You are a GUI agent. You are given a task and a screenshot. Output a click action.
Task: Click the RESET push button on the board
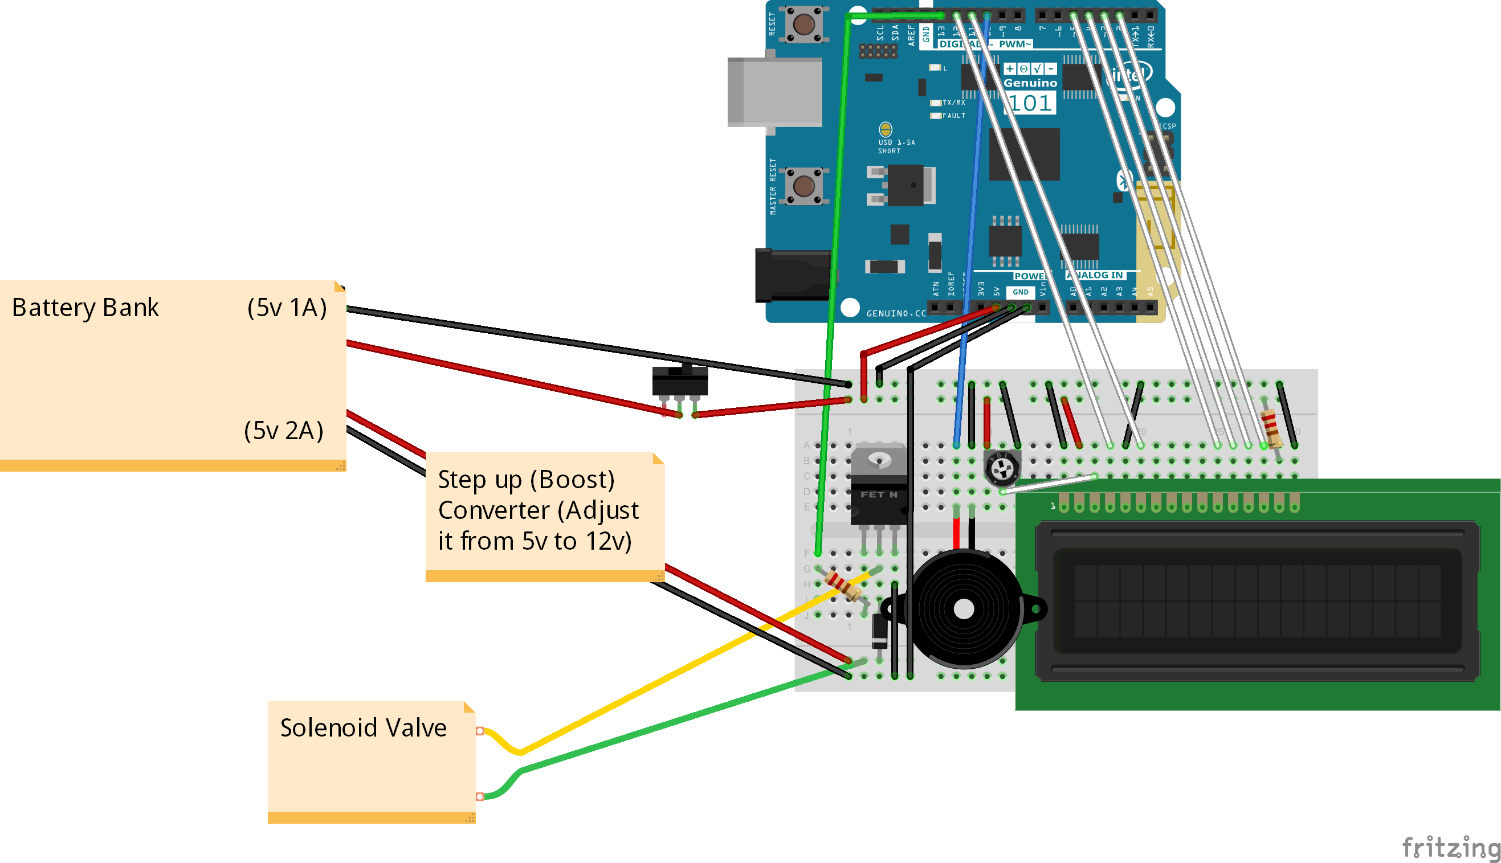tap(803, 24)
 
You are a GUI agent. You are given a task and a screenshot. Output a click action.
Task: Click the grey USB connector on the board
tap(776, 92)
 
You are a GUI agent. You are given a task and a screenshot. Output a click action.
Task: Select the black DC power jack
tap(792, 276)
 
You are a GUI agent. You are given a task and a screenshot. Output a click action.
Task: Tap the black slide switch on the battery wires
tap(680, 380)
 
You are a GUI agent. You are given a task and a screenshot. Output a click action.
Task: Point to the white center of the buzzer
tap(964, 610)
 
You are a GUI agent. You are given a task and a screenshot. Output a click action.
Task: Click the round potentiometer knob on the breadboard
tap(1002, 468)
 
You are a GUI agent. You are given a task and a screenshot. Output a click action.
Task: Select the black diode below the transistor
tap(879, 632)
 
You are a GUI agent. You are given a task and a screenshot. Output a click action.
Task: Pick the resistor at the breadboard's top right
tap(1270, 428)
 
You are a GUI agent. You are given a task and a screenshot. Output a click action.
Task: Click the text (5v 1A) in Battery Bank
tap(287, 308)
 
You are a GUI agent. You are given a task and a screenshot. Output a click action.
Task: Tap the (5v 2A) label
tap(283, 431)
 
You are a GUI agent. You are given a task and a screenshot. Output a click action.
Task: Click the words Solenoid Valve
tap(363, 728)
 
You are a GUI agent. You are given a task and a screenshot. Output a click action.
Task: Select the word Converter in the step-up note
tap(493, 510)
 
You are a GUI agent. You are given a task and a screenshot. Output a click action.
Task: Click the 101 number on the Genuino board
tap(1030, 103)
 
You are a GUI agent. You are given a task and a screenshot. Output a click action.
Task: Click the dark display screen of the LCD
tap(1257, 601)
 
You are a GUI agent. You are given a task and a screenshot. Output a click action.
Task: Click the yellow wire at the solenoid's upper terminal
tap(501, 741)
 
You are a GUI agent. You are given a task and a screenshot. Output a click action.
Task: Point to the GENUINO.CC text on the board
tap(896, 313)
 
